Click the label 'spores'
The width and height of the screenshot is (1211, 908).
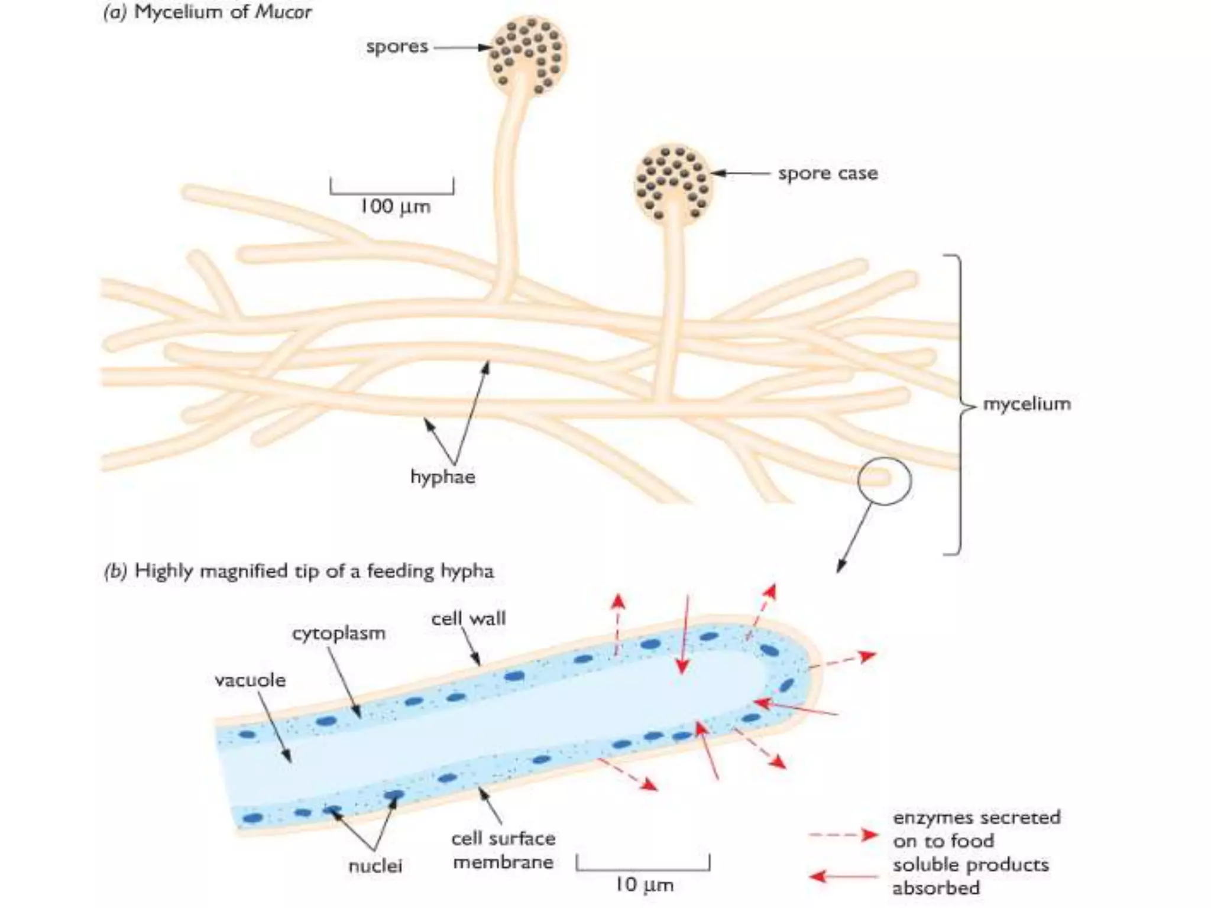click(397, 47)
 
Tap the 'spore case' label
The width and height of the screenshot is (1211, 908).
click(827, 174)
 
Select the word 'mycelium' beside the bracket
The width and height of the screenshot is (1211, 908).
click(1027, 404)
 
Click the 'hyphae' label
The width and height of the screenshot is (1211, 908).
click(442, 476)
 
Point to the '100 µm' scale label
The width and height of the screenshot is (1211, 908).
click(395, 206)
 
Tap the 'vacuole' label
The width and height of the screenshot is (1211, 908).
click(250, 680)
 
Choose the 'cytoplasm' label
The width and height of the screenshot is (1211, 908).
click(339, 633)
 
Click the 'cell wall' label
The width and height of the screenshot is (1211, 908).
click(468, 618)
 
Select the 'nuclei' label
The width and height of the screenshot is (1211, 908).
click(375, 866)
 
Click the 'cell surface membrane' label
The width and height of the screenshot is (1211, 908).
click(503, 850)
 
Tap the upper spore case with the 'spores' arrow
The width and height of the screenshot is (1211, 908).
click(527, 56)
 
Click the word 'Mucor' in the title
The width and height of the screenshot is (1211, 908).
click(283, 12)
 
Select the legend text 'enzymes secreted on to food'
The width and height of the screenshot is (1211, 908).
click(976, 829)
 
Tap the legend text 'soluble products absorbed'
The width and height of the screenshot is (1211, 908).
click(970, 876)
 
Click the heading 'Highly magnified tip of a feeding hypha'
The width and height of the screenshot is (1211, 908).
click(314, 571)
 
